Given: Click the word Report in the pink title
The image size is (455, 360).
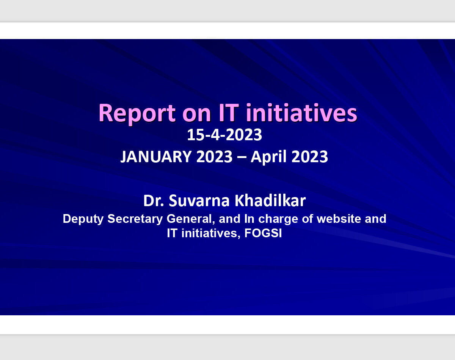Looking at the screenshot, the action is [x=137, y=114].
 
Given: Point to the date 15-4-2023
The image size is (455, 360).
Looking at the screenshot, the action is [x=224, y=135].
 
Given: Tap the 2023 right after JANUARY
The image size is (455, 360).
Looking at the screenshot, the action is [x=214, y=157].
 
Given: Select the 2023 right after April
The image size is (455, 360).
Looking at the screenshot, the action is [x=310, y=157].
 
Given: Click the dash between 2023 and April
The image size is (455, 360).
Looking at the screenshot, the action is [x=242, y=158].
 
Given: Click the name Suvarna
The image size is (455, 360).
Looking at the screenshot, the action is [x=199, y=200].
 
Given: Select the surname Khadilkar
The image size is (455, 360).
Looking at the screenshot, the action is [x=270, y=200].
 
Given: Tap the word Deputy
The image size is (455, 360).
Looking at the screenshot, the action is [x=83, y=219].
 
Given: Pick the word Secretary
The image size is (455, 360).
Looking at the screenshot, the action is [x=135, y=219].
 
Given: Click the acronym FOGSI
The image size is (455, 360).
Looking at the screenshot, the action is [x=263, y=233].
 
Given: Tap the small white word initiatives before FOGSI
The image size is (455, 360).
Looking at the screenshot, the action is [x=209, y=233].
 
